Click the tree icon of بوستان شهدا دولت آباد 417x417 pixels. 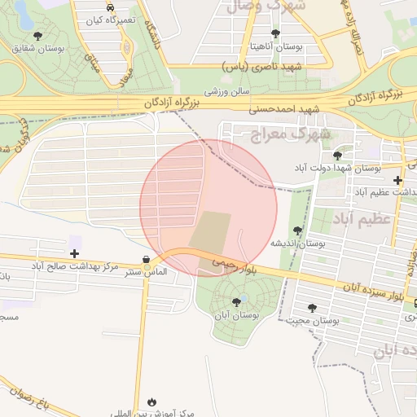click(x=337, y=155)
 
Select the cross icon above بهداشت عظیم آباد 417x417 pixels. click(x=397, y=180)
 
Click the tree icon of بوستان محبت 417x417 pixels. click(x=312, y=308)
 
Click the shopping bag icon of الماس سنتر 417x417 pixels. click(x=146, y=260)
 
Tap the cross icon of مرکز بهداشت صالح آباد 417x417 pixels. click(x=74, y=254)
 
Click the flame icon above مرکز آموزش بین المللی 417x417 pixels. click(x=152, y=402)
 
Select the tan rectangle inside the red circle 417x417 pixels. click(x=211, y=231)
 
